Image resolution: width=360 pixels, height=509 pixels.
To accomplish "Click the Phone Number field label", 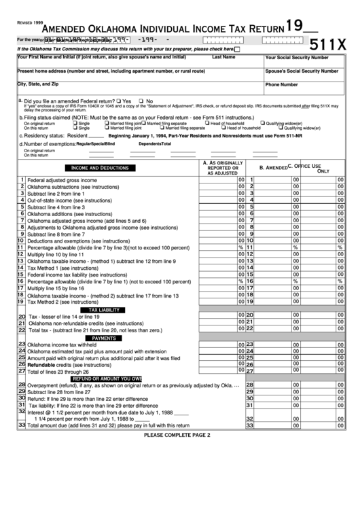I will click(x=281, y=85).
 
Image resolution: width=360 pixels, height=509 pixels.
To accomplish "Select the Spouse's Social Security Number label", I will click(x=302, y=71).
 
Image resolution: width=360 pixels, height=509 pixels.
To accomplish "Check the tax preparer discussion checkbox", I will click(x=237, y=50).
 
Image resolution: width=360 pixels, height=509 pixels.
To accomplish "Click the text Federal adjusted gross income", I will click(x=62, y=180).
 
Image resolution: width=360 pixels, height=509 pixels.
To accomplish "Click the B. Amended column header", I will click(x=274, y=167).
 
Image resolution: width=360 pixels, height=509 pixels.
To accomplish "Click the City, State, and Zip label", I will click(x=38, y=84).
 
